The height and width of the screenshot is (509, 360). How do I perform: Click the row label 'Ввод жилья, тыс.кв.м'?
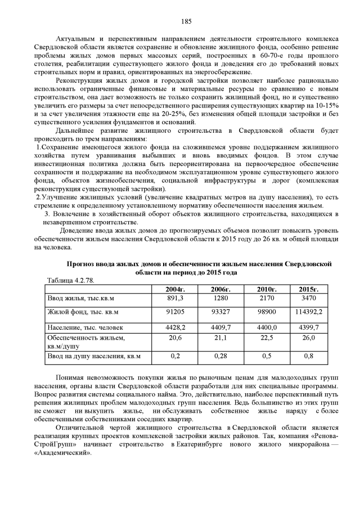[x=81, y=298]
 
